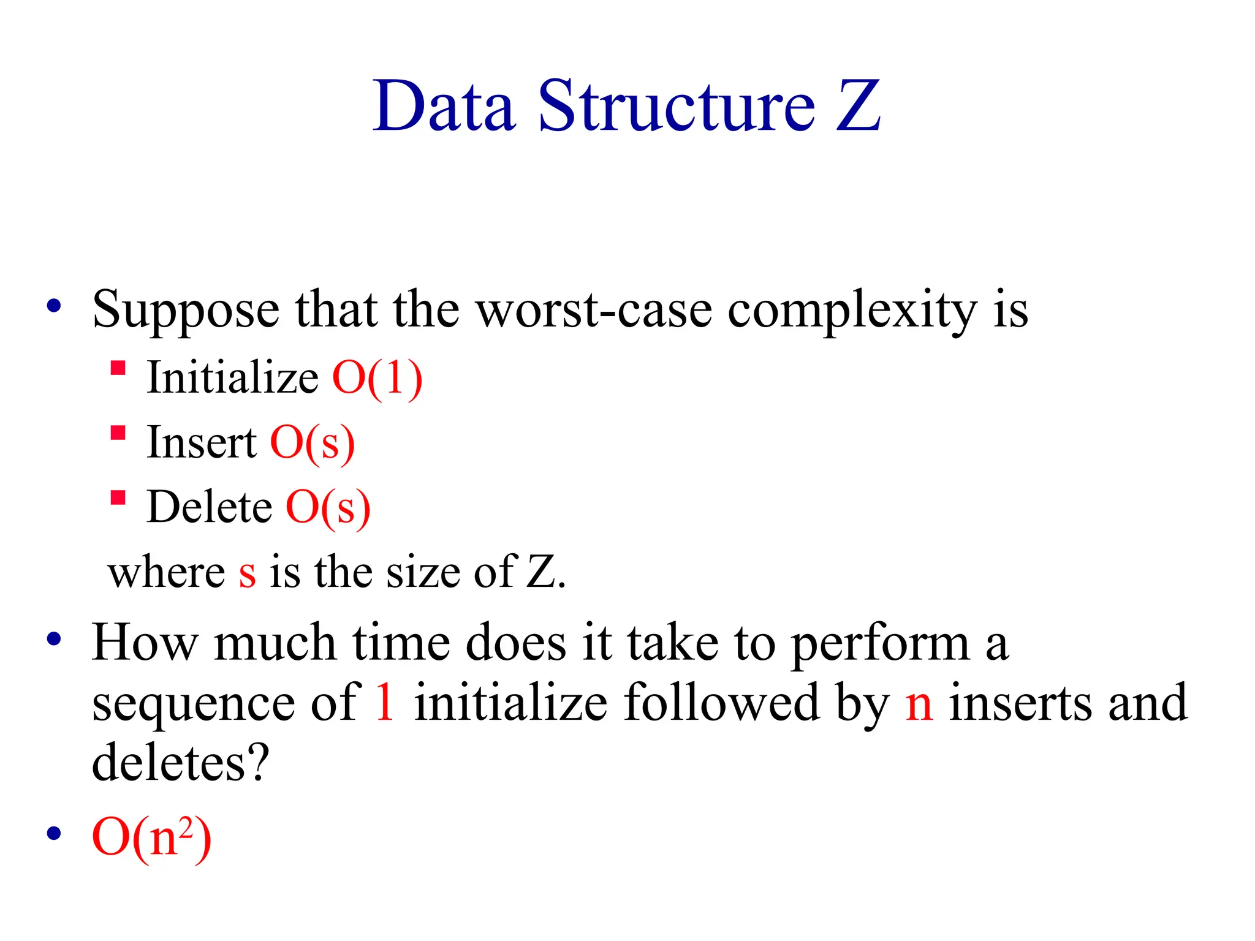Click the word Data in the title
[x=444, y=107]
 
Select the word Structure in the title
[x=677, y=107]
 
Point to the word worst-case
[x=594, y=310]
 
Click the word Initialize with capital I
[x=233, y=377]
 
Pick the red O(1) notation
[x=377, y=379]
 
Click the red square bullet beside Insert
[x=118, y=433]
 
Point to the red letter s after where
[x=247, y=573]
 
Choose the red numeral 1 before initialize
[x=385, y=702]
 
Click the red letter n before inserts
[x=919, y=705]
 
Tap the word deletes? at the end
[x=181, y=762]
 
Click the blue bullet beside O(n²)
[x=55, y=833]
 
